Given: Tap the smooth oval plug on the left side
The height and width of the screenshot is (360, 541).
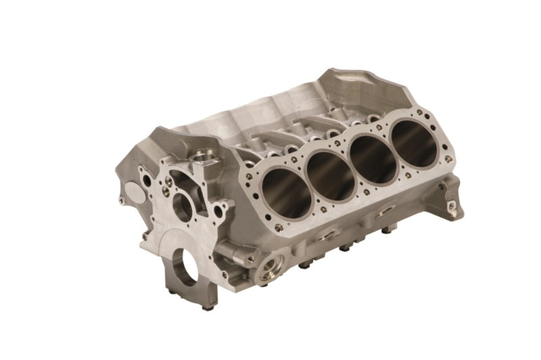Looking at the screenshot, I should coord(131,195).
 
